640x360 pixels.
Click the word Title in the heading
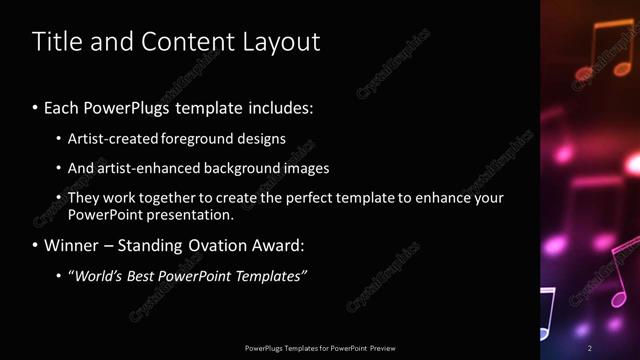coord(56,42)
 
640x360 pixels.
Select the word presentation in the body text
coord(190,215)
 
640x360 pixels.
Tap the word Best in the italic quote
coord(146,275)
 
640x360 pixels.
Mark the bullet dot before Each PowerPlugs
coord(36,107)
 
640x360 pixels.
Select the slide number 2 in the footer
coord(590,348)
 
